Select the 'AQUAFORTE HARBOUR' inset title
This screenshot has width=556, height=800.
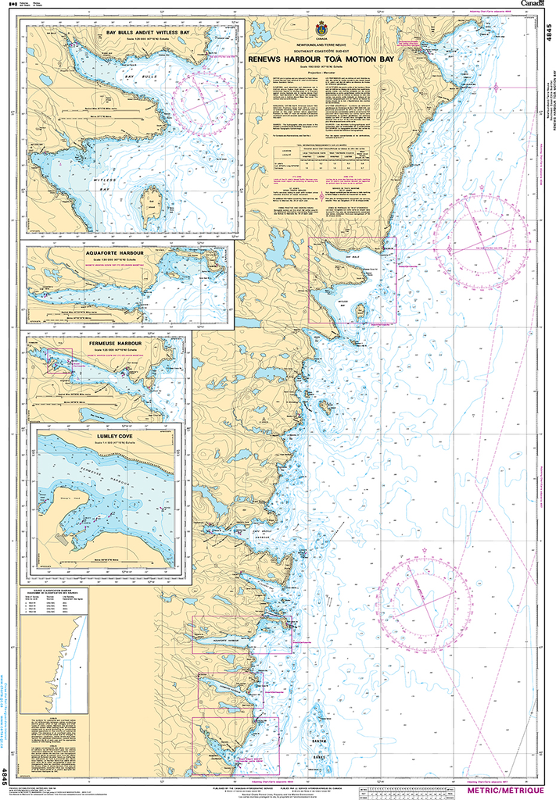[x=129, y=254]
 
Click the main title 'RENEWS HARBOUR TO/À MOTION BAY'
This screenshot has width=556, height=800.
[x=319, y=59]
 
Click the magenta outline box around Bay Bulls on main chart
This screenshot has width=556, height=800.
[x=352, y=280]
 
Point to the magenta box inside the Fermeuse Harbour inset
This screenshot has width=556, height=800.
[x=60, y=361]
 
